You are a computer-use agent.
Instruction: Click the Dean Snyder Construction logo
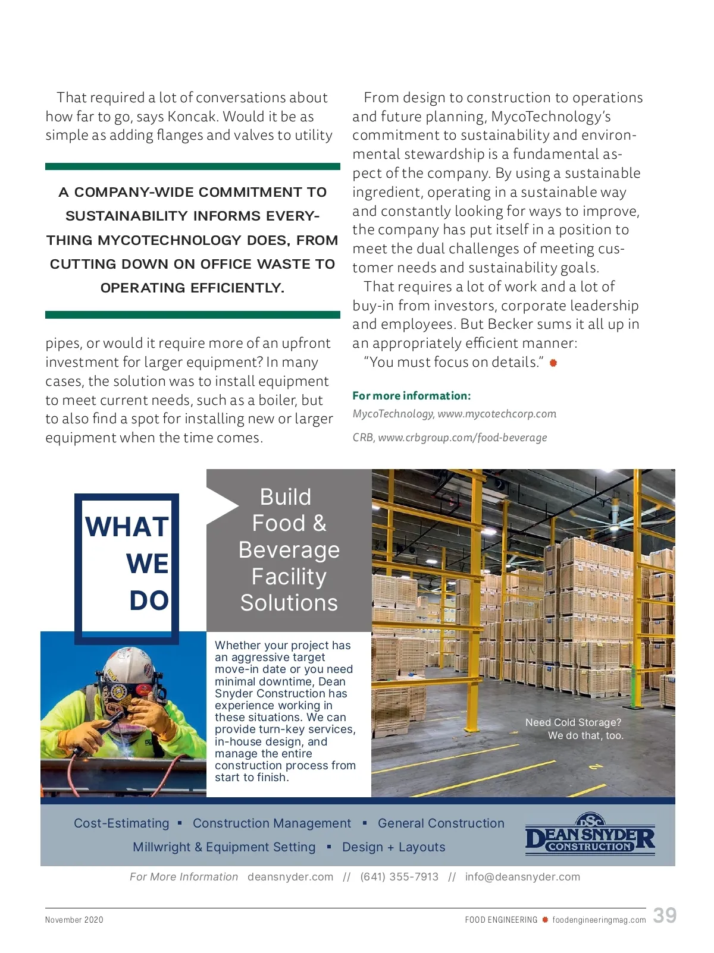click(x=590, y=834)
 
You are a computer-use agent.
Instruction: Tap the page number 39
click(x=664, y=915)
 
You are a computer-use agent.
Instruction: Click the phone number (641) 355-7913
click(x=399, y=877)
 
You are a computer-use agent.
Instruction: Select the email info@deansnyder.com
click(x=522, y=877)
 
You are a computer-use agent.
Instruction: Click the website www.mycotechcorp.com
click(x=497, y=414)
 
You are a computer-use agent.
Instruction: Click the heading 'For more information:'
click(x=411, y=396)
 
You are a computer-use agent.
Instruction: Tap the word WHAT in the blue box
click(x=127, y=527)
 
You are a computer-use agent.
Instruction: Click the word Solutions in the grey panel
click(x=289, y=603)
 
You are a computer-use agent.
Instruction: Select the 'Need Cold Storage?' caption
click(x=573, y=722)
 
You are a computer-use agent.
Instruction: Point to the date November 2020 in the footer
click(x=74, y=920)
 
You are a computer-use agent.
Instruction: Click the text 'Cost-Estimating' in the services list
click(x=121, y=823)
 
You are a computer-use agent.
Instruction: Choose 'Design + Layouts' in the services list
click(x=393, y=847)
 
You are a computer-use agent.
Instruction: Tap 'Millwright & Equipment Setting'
click(x=224, y=847)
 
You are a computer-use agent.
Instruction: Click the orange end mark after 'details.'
click(x=553, y=363)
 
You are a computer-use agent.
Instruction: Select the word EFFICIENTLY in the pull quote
click(x=237, y=288)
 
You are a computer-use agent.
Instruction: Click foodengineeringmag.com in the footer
click(x=599, y=920)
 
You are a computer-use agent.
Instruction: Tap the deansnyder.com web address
click(x=290, y=877)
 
